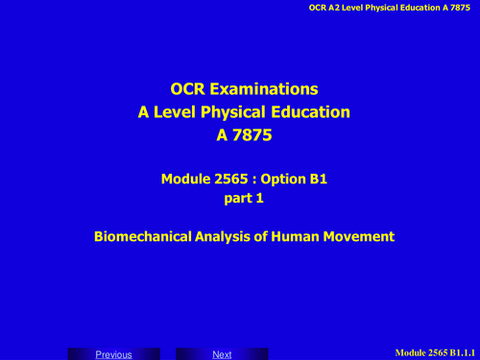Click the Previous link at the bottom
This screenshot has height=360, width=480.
tap(113, 354)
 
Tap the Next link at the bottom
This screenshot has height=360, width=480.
tap(222, 354)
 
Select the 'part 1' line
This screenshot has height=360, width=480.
tap(239, 199)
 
